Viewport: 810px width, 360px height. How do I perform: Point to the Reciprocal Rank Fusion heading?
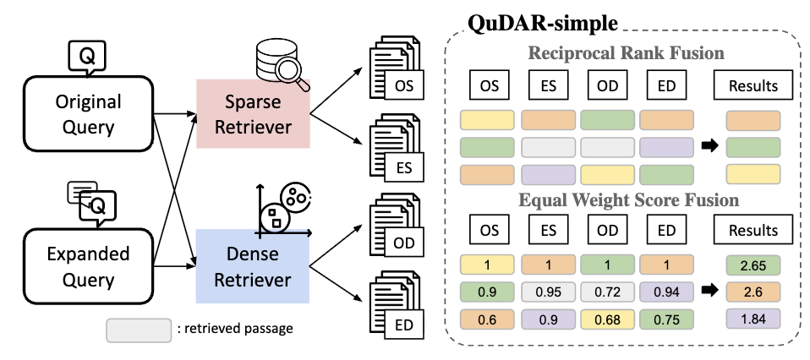(x=626, y=53)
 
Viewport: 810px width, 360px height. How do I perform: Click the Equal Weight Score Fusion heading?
(x=626, y=201)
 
